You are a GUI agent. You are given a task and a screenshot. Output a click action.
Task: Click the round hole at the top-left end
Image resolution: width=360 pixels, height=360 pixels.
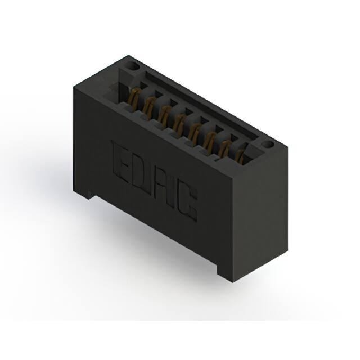tap(134, 66)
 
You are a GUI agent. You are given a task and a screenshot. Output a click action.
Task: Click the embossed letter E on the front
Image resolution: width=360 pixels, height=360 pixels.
tap(119, 161)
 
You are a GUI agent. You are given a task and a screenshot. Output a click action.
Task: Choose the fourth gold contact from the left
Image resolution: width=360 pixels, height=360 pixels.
tap(179, 121)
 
